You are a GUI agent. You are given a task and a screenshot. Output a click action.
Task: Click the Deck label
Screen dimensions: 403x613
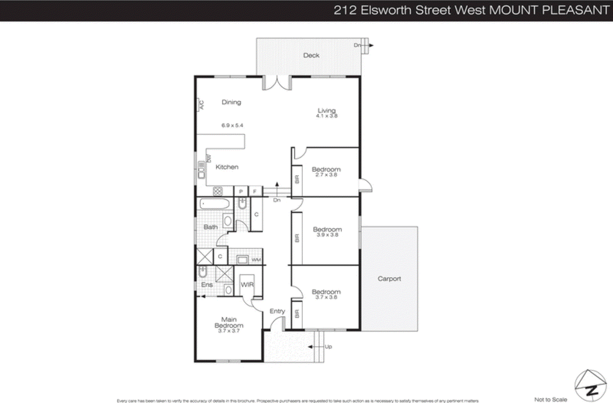(311, 55)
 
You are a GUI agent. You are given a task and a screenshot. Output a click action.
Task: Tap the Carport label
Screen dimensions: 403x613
(389, 278)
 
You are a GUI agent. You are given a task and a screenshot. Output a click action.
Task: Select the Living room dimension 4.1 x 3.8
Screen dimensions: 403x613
(327, 116)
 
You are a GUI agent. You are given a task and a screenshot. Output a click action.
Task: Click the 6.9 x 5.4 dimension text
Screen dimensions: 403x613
(232, 125)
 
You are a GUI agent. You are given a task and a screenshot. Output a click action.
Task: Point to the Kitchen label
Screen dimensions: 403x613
(227, 167)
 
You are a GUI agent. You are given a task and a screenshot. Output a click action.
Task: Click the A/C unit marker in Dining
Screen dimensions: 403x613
(201, 105)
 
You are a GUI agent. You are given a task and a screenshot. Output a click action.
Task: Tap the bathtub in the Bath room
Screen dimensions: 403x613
(215, 204)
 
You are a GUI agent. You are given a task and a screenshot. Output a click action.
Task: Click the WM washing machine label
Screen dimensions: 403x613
(256, 260)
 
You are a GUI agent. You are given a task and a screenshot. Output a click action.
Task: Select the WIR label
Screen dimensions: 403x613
(247, 285)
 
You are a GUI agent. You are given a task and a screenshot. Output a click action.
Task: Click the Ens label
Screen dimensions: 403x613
(207, 285)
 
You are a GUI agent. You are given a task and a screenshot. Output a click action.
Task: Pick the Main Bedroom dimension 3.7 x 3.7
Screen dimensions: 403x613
(229, 331)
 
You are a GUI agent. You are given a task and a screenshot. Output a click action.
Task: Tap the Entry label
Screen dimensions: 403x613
(277, 311)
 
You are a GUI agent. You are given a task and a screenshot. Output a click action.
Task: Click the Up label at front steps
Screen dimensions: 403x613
(328, 347)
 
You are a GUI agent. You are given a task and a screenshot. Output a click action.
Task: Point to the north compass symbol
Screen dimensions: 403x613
(590, 386)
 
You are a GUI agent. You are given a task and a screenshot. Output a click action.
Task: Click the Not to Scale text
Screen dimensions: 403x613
(551, 400)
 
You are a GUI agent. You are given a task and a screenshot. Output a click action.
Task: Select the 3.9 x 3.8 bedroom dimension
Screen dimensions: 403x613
(328, 235)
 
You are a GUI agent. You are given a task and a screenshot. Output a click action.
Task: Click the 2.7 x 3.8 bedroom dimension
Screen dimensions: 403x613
(326, 175)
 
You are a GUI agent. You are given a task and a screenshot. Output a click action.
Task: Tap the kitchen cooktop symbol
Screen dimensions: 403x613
(218, 191)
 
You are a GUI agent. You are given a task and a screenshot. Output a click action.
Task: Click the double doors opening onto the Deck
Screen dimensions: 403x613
(277, 82)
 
